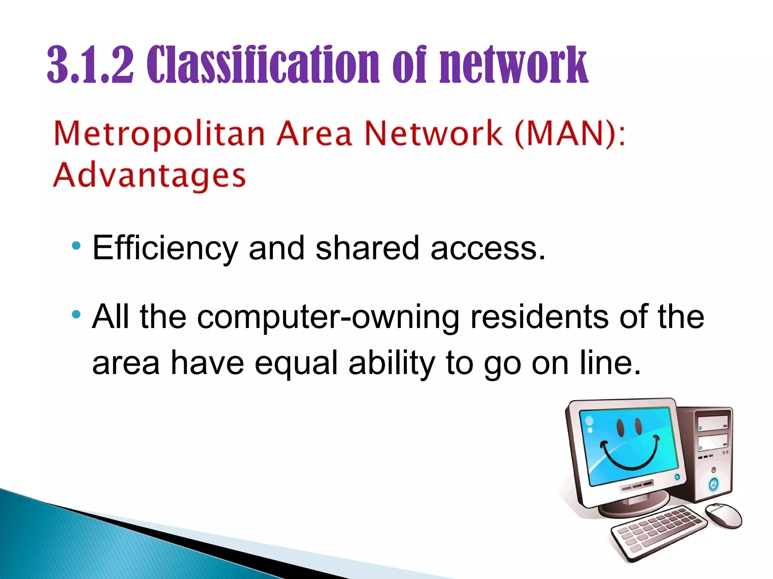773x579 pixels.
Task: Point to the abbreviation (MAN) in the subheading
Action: point(565,133)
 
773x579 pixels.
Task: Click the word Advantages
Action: point(149,176)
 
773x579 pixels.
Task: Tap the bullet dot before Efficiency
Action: point(76,246)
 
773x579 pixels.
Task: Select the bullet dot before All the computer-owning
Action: point(76,314)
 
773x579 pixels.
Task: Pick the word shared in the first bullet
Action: point(367,248)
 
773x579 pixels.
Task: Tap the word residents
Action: point(539,317)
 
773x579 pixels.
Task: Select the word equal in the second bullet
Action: point(296,364)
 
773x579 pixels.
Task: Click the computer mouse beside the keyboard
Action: point(723,515)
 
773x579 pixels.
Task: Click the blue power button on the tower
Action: point(713,484)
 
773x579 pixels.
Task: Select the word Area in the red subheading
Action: point(314,134)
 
